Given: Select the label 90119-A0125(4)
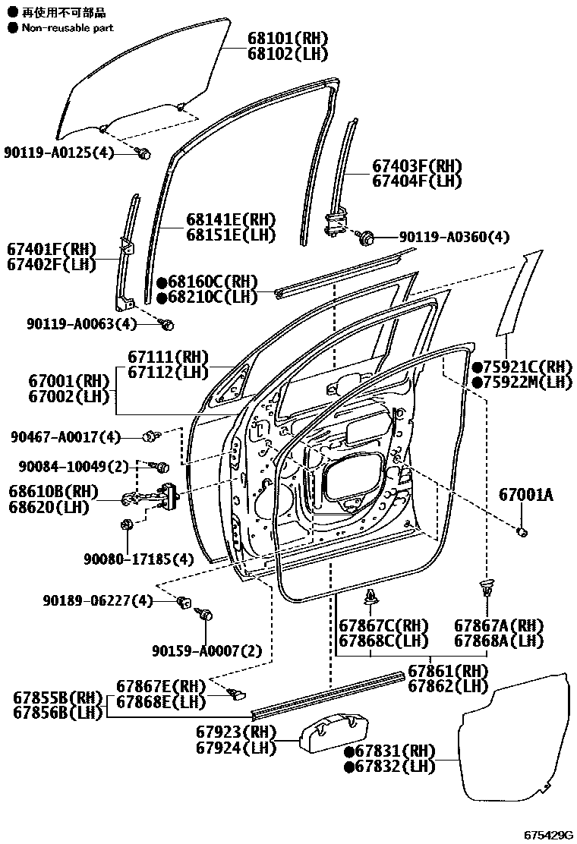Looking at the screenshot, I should click(x=58, y=153).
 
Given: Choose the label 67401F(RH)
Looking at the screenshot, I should click(x=52, y=249).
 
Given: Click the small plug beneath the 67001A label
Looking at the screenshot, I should click(x=522, y=531).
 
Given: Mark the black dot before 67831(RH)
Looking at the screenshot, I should click(x=350, y=751).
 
